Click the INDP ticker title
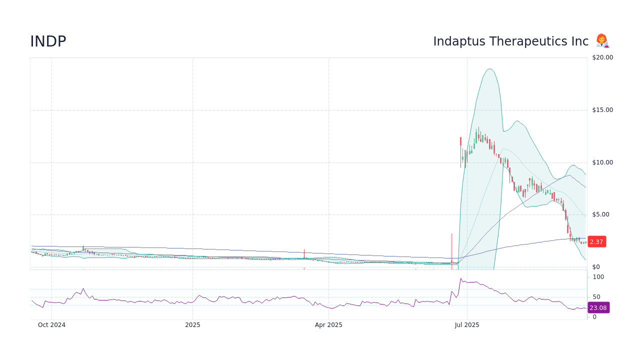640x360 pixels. coord(48,42)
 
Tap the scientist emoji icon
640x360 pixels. coord(602,41)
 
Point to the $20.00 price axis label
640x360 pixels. coord(602,57)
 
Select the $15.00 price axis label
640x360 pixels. coord(602,110)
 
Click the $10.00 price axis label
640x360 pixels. coord(602,162)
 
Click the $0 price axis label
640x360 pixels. coord(595,267)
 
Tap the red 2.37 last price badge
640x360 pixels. coord(596,241)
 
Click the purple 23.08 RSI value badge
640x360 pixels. coord(598,307)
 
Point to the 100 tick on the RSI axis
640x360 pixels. coord(598,277)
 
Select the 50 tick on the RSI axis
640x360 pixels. coord(596,297)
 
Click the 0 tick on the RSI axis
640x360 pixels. coord(594,317)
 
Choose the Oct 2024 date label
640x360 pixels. coord(51,325)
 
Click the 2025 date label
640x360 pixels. coord(192,325)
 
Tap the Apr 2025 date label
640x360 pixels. coord(328,325)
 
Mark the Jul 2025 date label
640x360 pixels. coord(467,325)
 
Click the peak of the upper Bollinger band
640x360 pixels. coord(490,69)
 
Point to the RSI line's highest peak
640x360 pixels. coord(460,278)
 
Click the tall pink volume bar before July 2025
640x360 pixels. coord(451,250)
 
